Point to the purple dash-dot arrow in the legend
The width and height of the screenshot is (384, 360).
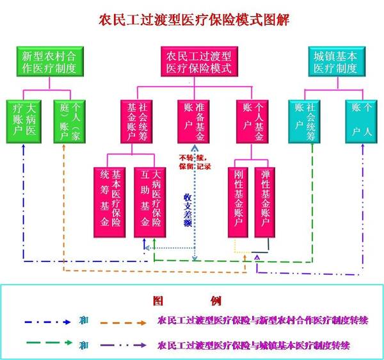click(x=122, y=346)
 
